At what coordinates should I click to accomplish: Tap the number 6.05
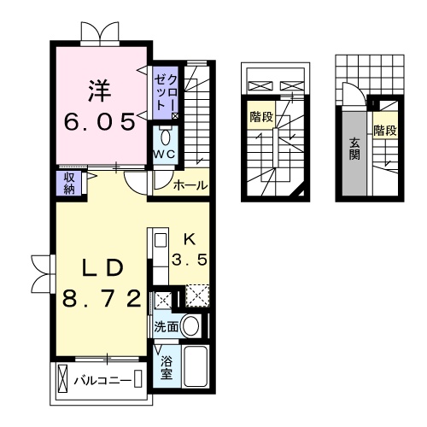pyautogui.click(x=100, y=122)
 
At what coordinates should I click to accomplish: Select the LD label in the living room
pyautogui.click(x=102, y=267)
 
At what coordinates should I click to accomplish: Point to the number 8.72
pyautogui.click(x=102, y=299)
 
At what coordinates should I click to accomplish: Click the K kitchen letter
pyautogui.click(x=191, y=240)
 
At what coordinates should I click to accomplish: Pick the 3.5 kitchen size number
pyautogui.click(x=191, y=260)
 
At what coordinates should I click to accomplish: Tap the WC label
pyautogui.click(x=164, y=154)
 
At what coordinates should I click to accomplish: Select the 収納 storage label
pyautogui.click(x=68, y=183)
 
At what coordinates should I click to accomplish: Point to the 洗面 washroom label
pyautogui.click(x=166, y=326)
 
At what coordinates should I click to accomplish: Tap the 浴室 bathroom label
pyautogui.click(x=167, y=366)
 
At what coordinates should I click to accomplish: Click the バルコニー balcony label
pyautogui.click(x=99, y=378)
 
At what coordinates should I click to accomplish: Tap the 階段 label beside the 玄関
pyautogui.click(x=384, y=131)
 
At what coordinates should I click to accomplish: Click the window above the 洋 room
pyautogui.click(x=101, y=33)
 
